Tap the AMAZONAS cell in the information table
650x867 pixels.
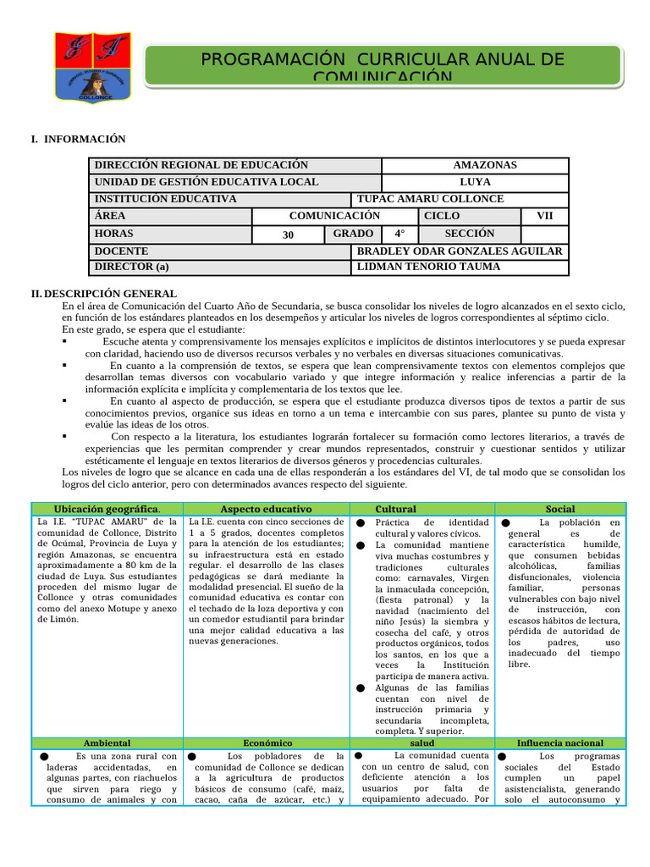[484, 165]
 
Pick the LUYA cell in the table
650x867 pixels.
[475, 182]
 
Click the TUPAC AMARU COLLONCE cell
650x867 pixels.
[430, 199]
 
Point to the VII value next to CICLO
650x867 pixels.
[545, 216]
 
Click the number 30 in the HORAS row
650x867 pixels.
[288, 235]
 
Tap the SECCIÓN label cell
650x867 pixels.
[469, 234]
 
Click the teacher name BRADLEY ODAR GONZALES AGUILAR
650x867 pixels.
[460, 251]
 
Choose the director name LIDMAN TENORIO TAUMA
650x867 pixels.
[428, 267]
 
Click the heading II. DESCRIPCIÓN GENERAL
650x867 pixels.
[104, 294]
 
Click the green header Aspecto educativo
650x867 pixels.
[266, 509]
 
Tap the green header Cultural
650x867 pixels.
[395, 509]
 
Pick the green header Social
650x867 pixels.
[560, 509]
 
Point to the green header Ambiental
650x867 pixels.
[107, 743]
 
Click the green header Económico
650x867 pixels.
[267, 743]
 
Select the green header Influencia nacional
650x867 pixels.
[560, 743]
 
